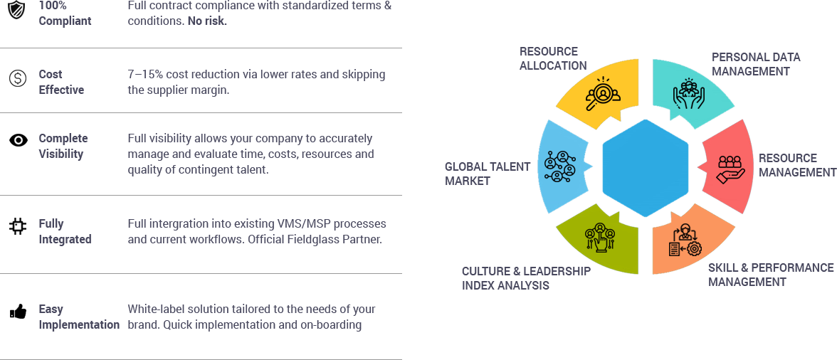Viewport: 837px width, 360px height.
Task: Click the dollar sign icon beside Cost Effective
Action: click(x=18, y=78)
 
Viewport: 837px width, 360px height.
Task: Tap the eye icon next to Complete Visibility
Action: click(x=18, y=140)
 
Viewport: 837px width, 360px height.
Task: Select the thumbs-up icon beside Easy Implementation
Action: click(x=18, y=311)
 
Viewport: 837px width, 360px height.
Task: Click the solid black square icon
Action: click(x=18, y=226)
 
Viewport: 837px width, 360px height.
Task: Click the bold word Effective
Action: click(x=61, y=90)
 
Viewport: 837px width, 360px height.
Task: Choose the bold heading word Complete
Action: click(x=63, y=138)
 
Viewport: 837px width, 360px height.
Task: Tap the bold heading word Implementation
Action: click(x=79, y=324)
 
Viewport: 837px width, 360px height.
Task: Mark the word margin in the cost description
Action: click(x=211, y=90)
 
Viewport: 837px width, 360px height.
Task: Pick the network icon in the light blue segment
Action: click(x=559, y=168)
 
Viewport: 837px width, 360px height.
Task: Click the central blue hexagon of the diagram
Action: click(x=645, y=167)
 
